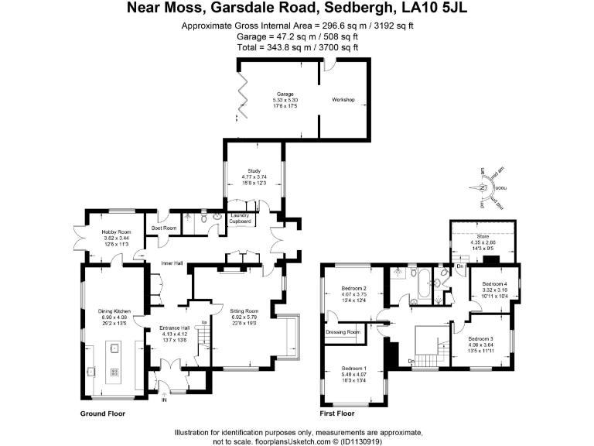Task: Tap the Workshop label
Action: pos(343,100)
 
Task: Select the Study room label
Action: pos(254,171)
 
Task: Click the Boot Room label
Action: pos(164,228)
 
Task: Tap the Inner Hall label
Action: pos(171,263)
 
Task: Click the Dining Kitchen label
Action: pos(114,311)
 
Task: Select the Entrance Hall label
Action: pos(174,328)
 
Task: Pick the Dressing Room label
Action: pos(343,332)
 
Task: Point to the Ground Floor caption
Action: pos(103,414)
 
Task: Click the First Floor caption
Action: pos(341,414)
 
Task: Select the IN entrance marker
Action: pos(163,400)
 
